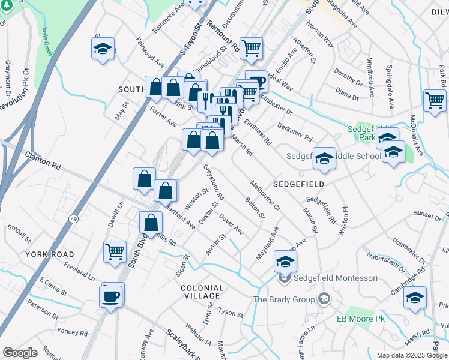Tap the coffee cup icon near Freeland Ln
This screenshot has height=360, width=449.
coord(112,296)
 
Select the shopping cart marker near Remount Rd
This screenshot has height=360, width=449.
coord(251,49)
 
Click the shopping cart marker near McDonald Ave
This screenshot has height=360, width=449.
coord(435,101)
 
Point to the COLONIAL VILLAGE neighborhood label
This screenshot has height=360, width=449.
coord(201,292)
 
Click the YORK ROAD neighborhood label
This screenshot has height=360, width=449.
coord(49,254)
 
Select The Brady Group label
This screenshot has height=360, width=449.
coord(284,299)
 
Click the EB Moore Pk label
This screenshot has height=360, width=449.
coord(360,318)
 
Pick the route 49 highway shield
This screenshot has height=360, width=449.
coord(73,220)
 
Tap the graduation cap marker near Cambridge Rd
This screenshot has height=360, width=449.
coord(415,298)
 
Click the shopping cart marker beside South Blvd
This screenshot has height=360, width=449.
coord(115,251)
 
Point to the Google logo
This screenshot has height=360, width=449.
coord(20,353)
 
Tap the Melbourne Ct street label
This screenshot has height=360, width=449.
coord(265,196)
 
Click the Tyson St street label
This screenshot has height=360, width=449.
coord(231,313)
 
